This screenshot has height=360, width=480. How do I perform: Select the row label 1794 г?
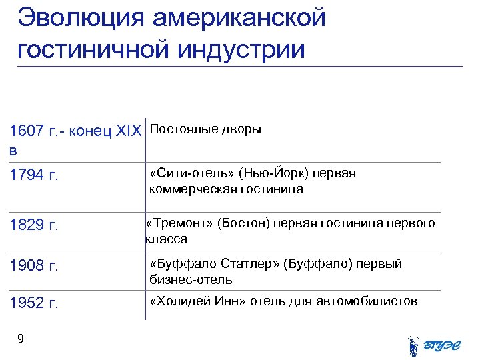click(x=35, y=175)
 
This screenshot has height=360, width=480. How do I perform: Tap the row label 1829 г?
click(x=35, y=225)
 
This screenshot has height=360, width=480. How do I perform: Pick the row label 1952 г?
click(x=35, y=304)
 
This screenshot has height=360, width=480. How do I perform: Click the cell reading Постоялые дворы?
click(x=206, y=129)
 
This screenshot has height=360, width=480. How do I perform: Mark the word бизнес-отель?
click(x=191, y=279)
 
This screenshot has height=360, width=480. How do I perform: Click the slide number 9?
click(x=21, y=339)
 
